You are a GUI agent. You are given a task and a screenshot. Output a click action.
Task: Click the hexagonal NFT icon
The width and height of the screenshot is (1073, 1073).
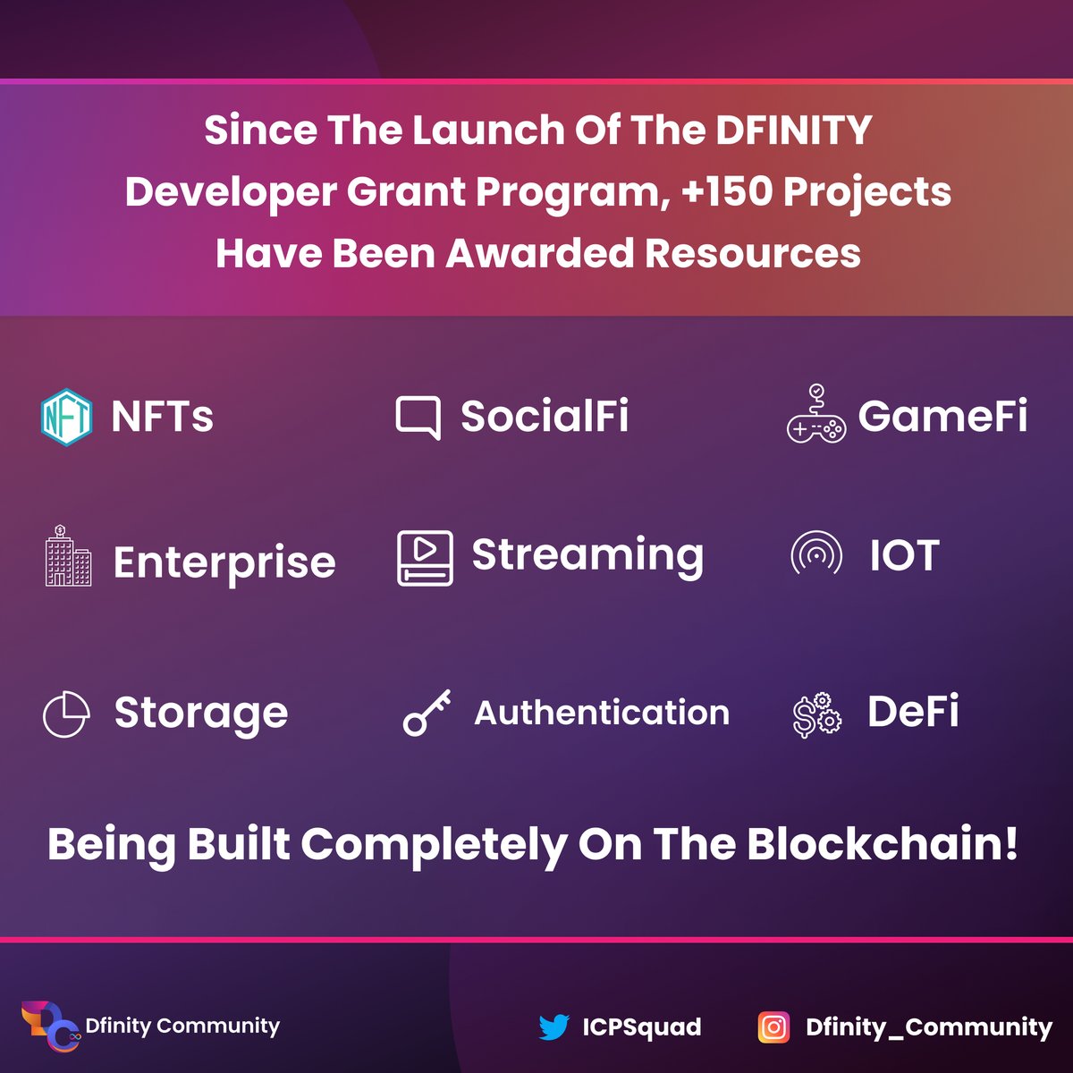click(x=66, y=417)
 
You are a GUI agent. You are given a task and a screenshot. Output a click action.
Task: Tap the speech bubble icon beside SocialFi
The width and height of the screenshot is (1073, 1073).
click(x=418, y=417)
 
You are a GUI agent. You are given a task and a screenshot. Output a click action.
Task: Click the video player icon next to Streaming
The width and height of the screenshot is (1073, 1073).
click(x=425, y=558)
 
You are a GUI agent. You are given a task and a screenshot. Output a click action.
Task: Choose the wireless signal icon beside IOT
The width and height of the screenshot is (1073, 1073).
click(x=815, y=554)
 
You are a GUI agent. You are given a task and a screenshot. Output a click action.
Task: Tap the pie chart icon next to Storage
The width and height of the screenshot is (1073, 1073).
click(x=66, y=714)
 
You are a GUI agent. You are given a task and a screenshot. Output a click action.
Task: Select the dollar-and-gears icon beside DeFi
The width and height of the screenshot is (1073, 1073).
click(x=816, y=714)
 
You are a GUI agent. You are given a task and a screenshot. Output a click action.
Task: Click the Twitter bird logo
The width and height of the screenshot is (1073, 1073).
click(x=554, y=1027)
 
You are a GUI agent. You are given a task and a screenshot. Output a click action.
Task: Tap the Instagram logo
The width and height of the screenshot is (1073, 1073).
click(x=773, y=1027)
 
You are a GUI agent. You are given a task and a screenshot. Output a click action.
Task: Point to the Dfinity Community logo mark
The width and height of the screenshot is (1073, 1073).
click(x=50, y=1027)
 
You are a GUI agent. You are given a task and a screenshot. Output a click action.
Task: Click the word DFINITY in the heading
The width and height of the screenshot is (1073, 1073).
click(x=793, y=131)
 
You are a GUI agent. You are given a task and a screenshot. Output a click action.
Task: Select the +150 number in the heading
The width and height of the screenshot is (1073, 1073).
click(x=725, y=191)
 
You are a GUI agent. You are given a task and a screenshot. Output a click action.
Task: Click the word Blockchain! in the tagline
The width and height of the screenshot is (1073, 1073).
click(x=882, y=843)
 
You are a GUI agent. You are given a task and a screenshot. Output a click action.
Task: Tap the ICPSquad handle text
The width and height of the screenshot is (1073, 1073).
click(x=641, y=1027)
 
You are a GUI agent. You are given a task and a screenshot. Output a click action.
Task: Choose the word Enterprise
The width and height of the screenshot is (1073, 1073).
click(x=224, y=562)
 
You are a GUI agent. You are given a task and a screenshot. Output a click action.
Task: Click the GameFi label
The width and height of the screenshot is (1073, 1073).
click(x=942, y=416)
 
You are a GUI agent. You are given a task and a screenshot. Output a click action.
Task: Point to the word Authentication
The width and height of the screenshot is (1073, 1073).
click(x=602, y=713)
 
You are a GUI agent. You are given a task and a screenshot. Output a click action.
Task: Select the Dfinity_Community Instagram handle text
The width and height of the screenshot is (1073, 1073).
click(x=928, y=1027)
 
